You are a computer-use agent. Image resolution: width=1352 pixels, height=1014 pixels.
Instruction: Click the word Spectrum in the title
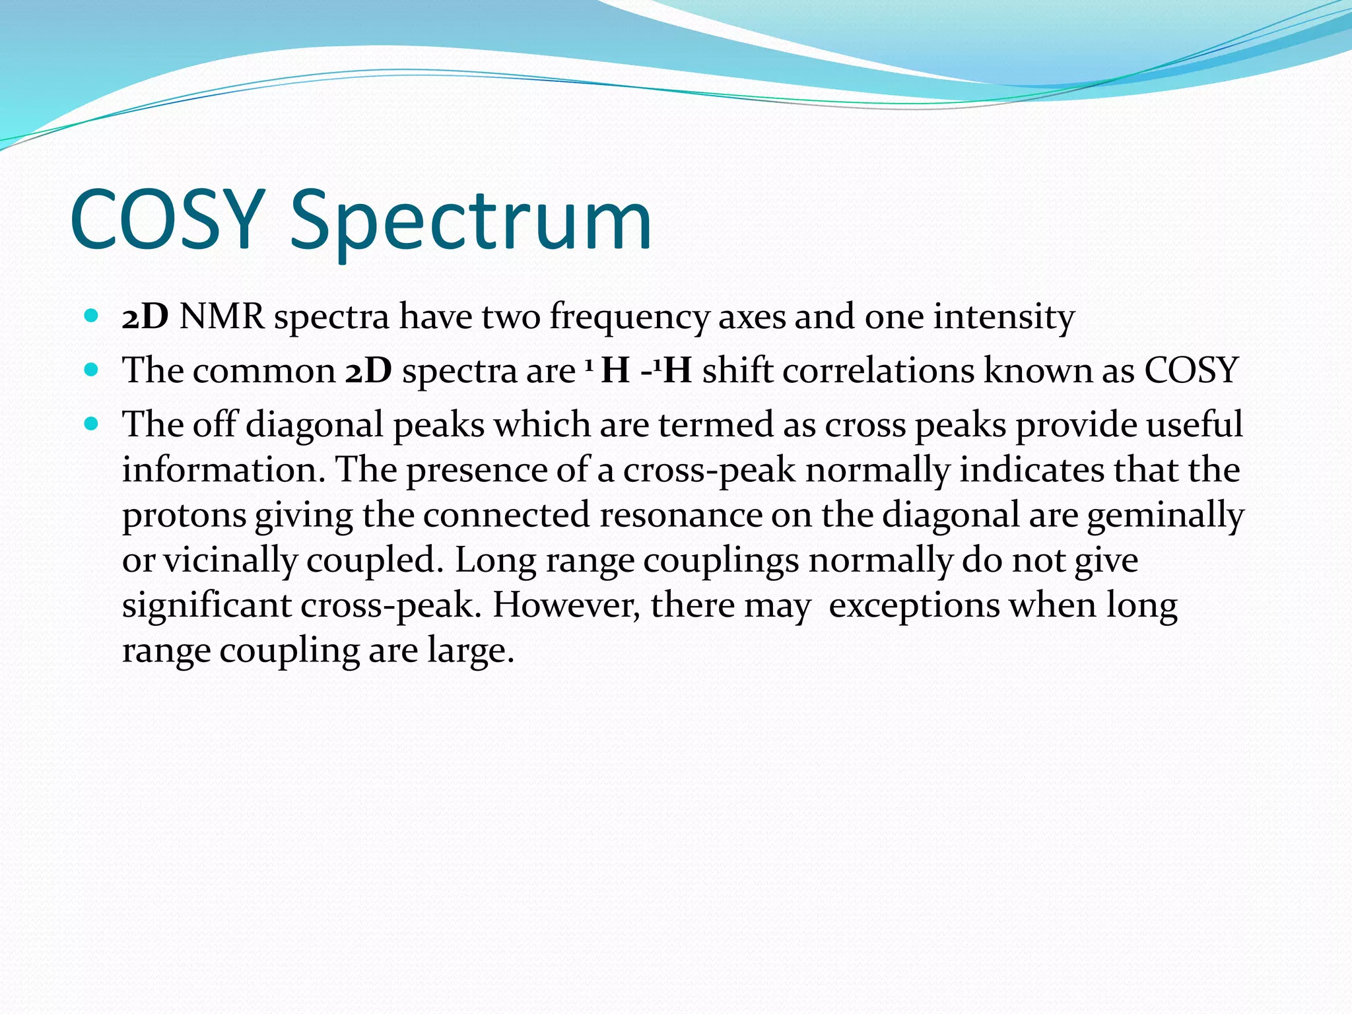click(470, 221)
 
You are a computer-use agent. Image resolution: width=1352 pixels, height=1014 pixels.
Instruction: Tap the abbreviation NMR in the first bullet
click(222, 317)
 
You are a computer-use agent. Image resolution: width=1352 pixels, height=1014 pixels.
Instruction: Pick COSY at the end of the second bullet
click(1191, 370)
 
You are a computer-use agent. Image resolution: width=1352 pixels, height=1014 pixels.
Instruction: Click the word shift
click(737, 370)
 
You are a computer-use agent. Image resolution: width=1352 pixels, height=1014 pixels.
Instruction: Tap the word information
click(224, 470)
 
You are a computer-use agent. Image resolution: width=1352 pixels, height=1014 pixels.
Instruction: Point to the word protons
click(184, 516)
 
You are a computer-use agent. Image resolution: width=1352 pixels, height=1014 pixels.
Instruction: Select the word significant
click(207, 606)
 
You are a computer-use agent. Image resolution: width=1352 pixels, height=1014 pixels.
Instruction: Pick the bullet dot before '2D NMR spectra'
click(92, 316)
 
